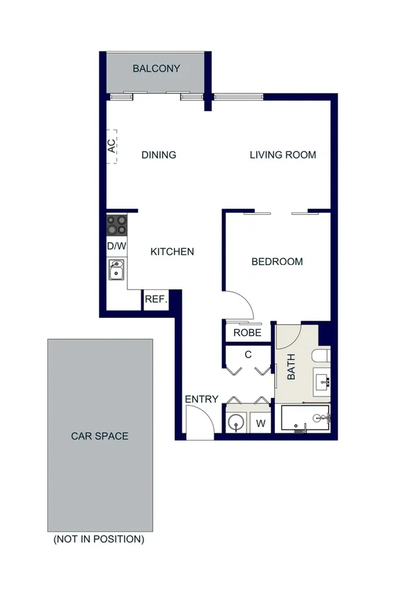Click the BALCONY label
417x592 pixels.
157,69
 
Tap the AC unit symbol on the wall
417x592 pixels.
111,146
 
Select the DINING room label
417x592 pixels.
159,155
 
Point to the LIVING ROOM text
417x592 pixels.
283,155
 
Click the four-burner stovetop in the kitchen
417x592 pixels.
116,225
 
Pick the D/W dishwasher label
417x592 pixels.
116,246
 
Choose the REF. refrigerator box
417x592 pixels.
155,300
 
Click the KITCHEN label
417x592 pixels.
172,252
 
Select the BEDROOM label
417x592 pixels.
277,262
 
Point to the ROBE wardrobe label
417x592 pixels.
247,333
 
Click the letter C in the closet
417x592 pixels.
247,355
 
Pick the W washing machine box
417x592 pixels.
262,422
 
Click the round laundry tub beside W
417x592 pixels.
237,422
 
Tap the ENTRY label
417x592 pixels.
201,399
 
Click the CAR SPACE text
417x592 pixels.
100,436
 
